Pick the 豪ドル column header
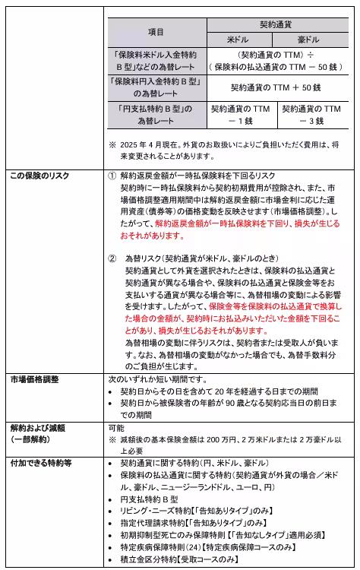coord(311,38)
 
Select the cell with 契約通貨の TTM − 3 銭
coord(311,115)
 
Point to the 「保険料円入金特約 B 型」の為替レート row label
coord(156,87)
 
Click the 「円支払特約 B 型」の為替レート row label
coord(156,115)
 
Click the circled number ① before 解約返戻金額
coord(112,176)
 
